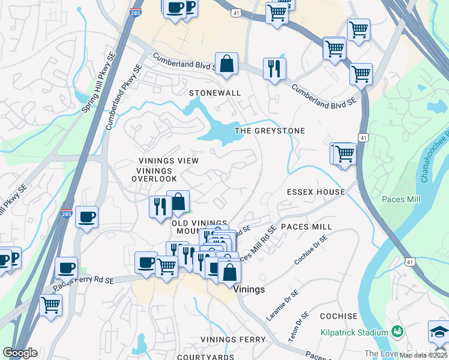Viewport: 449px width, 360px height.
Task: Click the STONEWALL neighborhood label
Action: tap(215, 94)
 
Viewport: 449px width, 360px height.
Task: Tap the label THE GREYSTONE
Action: tap(270, 131)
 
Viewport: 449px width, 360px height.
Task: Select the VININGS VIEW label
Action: tap(168, 161)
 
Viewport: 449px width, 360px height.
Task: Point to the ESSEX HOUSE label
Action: tap(316, 192)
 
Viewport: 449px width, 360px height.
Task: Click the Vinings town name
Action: tap(249, 289)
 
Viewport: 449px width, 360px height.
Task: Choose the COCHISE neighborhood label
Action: tap(339, 316)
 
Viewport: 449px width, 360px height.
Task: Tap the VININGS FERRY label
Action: tap(233, 340)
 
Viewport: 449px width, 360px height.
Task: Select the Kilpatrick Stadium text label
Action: tap(354, 332)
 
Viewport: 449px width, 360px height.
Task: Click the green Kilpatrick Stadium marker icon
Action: tap(397, 331)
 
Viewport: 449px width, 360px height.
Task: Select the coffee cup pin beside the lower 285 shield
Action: tap(87, 217)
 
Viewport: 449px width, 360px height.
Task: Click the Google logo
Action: tap(20, 353)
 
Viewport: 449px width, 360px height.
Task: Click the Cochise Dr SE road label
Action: tap(311, 250)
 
